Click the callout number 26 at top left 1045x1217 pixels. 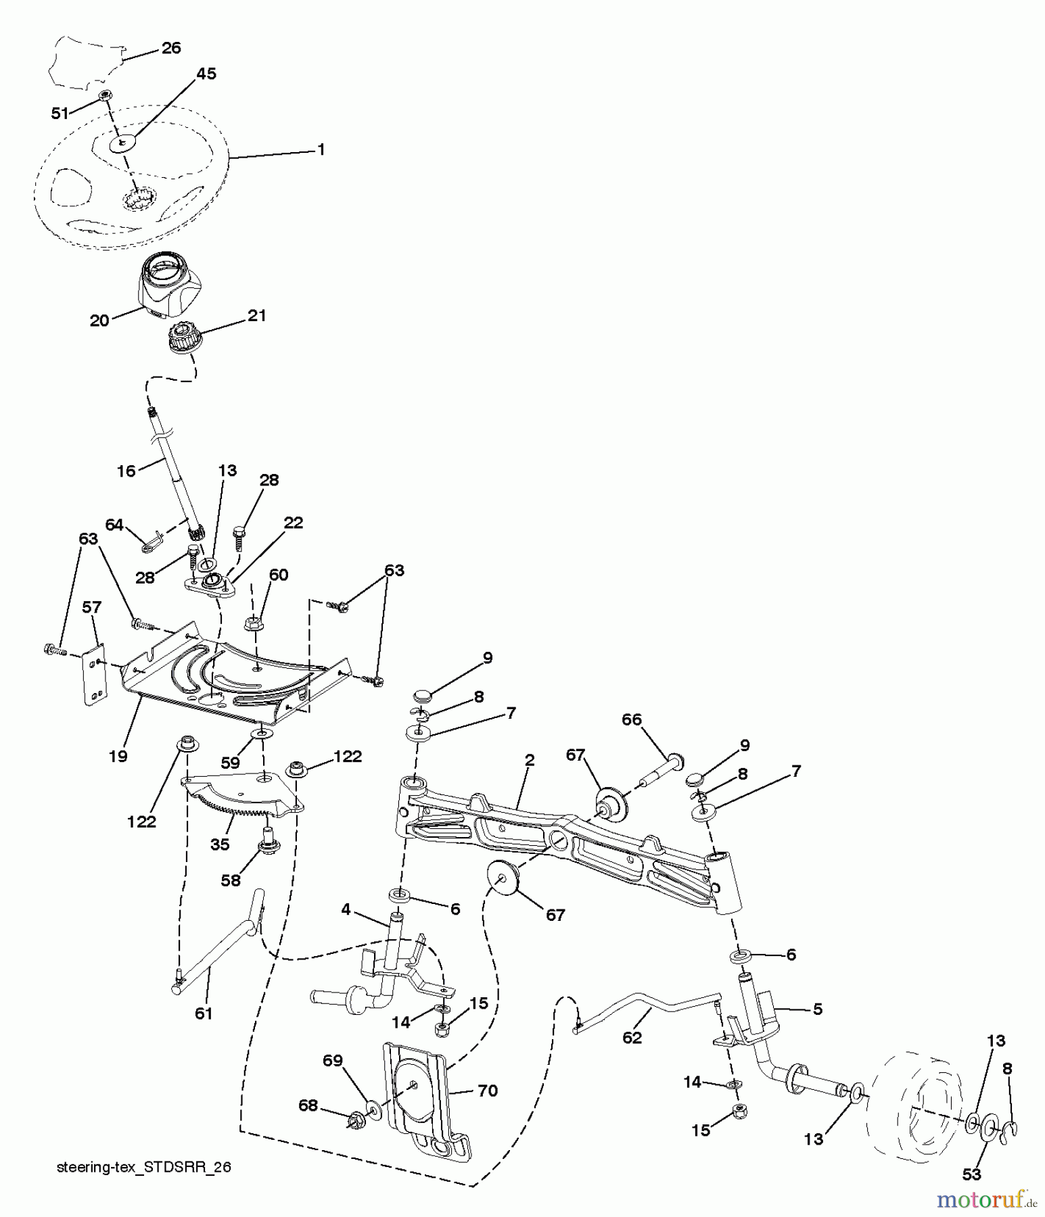tap(171, 48)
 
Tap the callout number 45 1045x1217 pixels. tap(206, 74)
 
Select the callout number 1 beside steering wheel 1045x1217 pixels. tap(321, 149)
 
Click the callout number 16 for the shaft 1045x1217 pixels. tap(126, 471)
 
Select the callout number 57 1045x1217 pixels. tap(91, 608)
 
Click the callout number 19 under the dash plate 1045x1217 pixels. tap(118, 756)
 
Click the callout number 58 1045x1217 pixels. tap(231, 881)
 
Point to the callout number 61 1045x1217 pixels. tap(204, 1013)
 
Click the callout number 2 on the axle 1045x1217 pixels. tap(530, 760)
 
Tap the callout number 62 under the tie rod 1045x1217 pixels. tap(632, 1037)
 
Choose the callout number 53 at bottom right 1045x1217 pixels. tap(971, 1174)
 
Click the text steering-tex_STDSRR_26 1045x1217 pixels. tap(144, 1168)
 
